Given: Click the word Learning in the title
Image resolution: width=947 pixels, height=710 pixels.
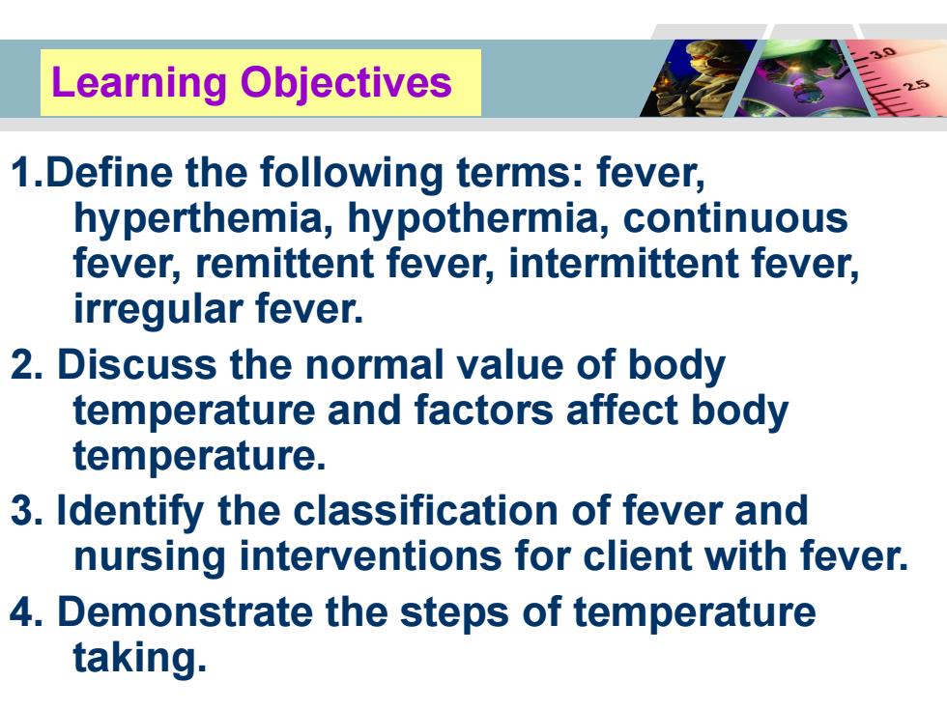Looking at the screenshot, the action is [139, 83].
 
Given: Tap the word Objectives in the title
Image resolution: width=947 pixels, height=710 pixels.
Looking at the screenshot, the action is [346, 83].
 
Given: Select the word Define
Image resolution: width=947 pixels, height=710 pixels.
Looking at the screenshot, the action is [108, 172].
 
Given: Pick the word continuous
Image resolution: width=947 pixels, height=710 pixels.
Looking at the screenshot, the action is [735, 218].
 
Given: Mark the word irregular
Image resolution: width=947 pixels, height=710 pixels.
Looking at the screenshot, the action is [158, 310].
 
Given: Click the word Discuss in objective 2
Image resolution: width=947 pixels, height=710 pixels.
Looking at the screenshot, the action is [136, 365].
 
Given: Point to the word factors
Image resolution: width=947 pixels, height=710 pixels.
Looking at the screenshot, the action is [484, 410].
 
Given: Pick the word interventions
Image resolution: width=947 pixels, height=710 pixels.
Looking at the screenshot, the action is [370, 556].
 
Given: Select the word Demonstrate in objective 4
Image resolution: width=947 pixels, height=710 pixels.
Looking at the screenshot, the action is [185, 611].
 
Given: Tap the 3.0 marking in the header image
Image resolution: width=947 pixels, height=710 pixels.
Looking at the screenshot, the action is [883, 52].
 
